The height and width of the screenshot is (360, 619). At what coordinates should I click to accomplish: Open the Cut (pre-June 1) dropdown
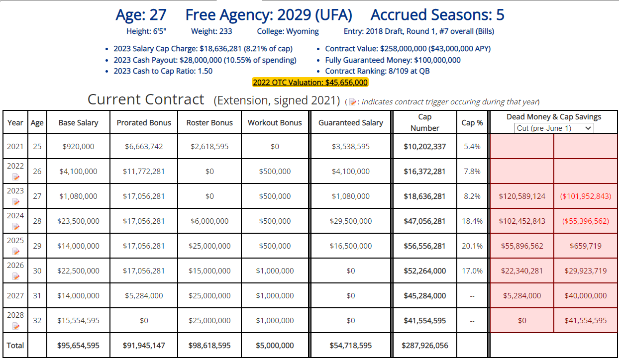pos(554,128)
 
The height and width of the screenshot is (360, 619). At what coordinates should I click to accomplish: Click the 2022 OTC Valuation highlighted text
pos(310,83)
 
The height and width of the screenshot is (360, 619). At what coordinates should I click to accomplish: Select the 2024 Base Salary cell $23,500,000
pos(78,221)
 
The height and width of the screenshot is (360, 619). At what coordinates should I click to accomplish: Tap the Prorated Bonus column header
pos(144,123)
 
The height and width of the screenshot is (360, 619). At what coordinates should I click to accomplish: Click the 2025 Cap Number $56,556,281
pos(424,246)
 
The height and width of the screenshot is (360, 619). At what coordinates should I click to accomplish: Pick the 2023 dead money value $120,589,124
pos(522,196)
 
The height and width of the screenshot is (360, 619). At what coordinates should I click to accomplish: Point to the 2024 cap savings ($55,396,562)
pos(586,221)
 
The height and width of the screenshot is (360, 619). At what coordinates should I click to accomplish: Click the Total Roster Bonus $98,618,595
pos(209,346)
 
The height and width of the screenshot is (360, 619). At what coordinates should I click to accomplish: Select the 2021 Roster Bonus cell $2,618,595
pos(209,147)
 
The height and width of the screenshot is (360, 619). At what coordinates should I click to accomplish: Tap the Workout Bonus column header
pos(275,123)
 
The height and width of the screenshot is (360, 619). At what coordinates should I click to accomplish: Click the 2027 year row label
pos(15,296)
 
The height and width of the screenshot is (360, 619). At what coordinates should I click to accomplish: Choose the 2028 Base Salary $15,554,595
pos(78,321)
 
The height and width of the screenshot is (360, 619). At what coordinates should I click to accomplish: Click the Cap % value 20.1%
pos(472,246)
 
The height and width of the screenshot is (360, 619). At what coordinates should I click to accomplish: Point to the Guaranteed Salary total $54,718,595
pos(351,346)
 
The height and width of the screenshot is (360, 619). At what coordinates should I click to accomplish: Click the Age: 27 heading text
pos(141,15)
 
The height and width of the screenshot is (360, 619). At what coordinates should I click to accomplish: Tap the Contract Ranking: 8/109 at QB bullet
pos(377,71)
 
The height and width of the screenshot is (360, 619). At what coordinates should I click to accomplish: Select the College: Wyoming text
pos(288,31)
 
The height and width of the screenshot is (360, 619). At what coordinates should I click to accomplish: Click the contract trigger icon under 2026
pos(16,276)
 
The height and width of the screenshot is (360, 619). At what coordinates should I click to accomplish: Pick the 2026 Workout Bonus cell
pos(275,271)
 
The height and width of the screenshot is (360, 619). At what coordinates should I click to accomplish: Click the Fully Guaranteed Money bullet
pos(393,60)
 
